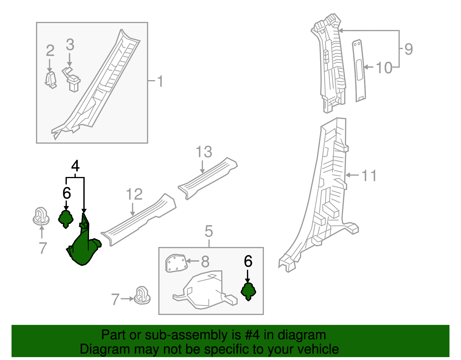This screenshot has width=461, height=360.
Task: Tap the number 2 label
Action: point(50,51)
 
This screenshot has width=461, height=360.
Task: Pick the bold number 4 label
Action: point(75,166)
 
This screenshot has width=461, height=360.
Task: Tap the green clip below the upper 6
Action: point(66,219)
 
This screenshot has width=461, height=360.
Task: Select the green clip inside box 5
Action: point(248,291)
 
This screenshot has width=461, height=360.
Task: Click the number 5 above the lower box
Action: point(209,231)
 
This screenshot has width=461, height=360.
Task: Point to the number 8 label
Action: point(205,262)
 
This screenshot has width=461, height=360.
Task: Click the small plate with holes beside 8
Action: point(176,263)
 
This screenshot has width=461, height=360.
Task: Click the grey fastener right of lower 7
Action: point(143,295)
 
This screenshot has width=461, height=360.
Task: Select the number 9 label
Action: point(409,49)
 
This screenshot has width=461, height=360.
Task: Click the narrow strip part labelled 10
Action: point(359,71)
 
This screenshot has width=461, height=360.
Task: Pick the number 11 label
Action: point(369,176)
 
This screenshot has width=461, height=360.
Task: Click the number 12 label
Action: point(134,194)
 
